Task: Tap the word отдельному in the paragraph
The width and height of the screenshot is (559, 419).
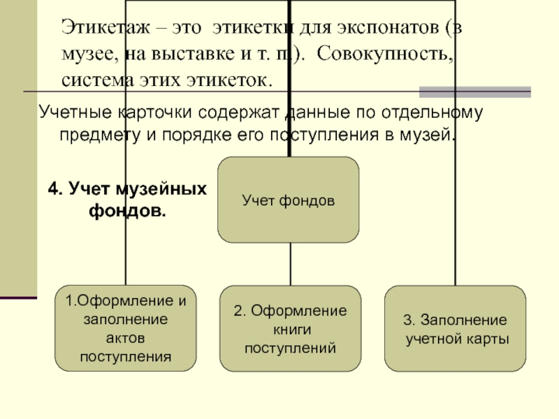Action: click(x=427, y=112)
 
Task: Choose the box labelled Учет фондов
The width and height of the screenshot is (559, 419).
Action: click(x=289, y=200)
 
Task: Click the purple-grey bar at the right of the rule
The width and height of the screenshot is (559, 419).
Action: click(x=474, y=91)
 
